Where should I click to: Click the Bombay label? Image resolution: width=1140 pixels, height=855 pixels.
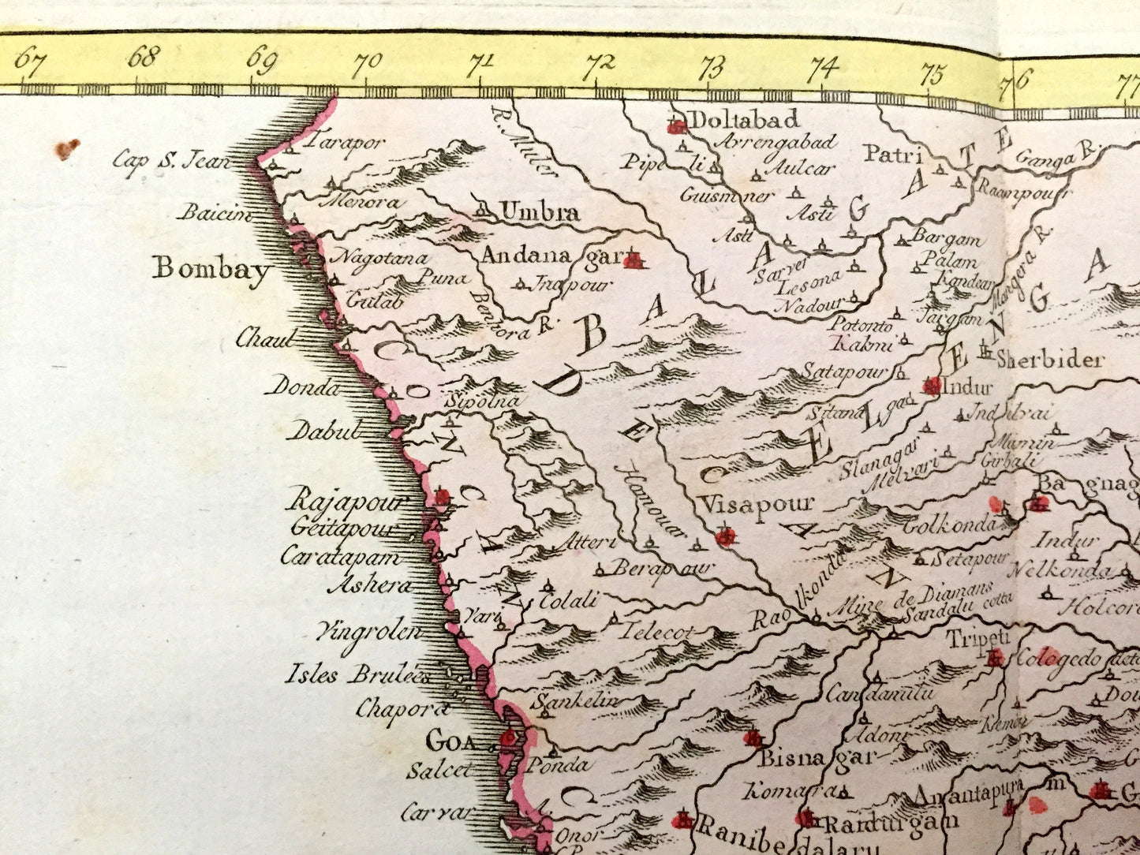click(211, 269)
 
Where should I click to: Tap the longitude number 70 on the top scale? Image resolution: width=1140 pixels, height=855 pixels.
click(367, 62)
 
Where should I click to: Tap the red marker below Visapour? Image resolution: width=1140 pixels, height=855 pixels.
click(724, 538)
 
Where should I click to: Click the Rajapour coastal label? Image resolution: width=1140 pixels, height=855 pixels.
click(347, 499)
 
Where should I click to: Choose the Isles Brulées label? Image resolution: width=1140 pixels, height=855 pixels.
click(357, 675)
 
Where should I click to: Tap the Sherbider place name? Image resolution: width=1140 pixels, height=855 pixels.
click(1048, 360)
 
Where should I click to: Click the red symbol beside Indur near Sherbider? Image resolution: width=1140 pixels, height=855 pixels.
click(932, 386)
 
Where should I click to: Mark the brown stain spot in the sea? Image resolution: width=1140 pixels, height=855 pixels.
click(68, 147)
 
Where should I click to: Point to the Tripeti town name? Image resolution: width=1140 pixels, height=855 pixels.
click(977, 637)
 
